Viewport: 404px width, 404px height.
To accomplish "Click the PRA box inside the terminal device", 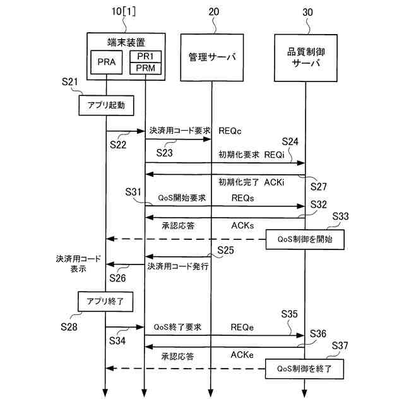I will [x=106, y=62].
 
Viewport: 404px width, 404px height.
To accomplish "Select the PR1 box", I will [x=145, y=57].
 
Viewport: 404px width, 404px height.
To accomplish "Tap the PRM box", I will [x=145, y=68].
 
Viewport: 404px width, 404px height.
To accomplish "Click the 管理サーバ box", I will [x=211, y=57].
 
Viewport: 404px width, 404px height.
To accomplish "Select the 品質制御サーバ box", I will [x=305, y=57].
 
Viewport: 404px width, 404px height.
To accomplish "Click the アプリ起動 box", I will [x=106, y=105].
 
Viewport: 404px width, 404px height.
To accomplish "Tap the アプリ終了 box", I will [x=106, y=302].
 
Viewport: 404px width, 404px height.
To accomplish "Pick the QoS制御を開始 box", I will [x=305, y=239].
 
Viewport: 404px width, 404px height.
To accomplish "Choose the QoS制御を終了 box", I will [x=305, y=368].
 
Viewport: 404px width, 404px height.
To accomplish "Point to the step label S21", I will [x=70, y=83].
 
